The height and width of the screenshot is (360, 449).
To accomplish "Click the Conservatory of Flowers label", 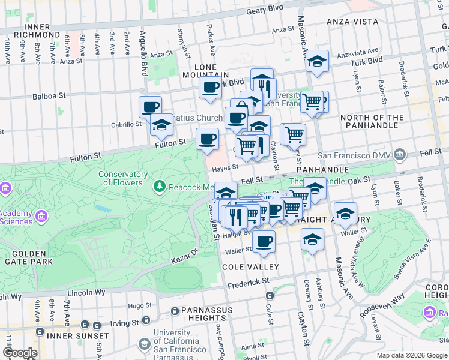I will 124,178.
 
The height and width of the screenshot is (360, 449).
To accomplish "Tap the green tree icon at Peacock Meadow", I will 160,187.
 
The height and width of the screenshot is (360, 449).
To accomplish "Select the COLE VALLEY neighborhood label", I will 250,266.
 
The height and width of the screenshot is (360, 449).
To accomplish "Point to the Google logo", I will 19,353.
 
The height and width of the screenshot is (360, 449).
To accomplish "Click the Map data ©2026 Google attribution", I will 412,355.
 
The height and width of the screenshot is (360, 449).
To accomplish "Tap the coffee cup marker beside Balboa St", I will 150,107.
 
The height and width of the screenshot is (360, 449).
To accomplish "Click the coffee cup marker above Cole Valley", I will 263,241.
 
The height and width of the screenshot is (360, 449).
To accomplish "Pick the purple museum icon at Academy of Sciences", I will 42,215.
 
